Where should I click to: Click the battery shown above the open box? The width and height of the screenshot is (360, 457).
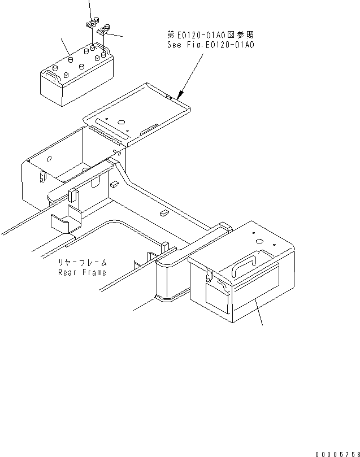coord(76,76)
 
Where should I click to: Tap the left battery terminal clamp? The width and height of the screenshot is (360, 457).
coord(90,24)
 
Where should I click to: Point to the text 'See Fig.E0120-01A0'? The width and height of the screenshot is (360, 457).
coord(210,44)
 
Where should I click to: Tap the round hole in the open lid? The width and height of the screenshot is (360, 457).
coord(120,121)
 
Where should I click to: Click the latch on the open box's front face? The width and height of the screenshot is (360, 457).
coord(42,177)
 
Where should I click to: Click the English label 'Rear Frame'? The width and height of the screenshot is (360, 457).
coord(82,272)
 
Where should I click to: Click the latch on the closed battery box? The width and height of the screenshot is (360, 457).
coord(209,276)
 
